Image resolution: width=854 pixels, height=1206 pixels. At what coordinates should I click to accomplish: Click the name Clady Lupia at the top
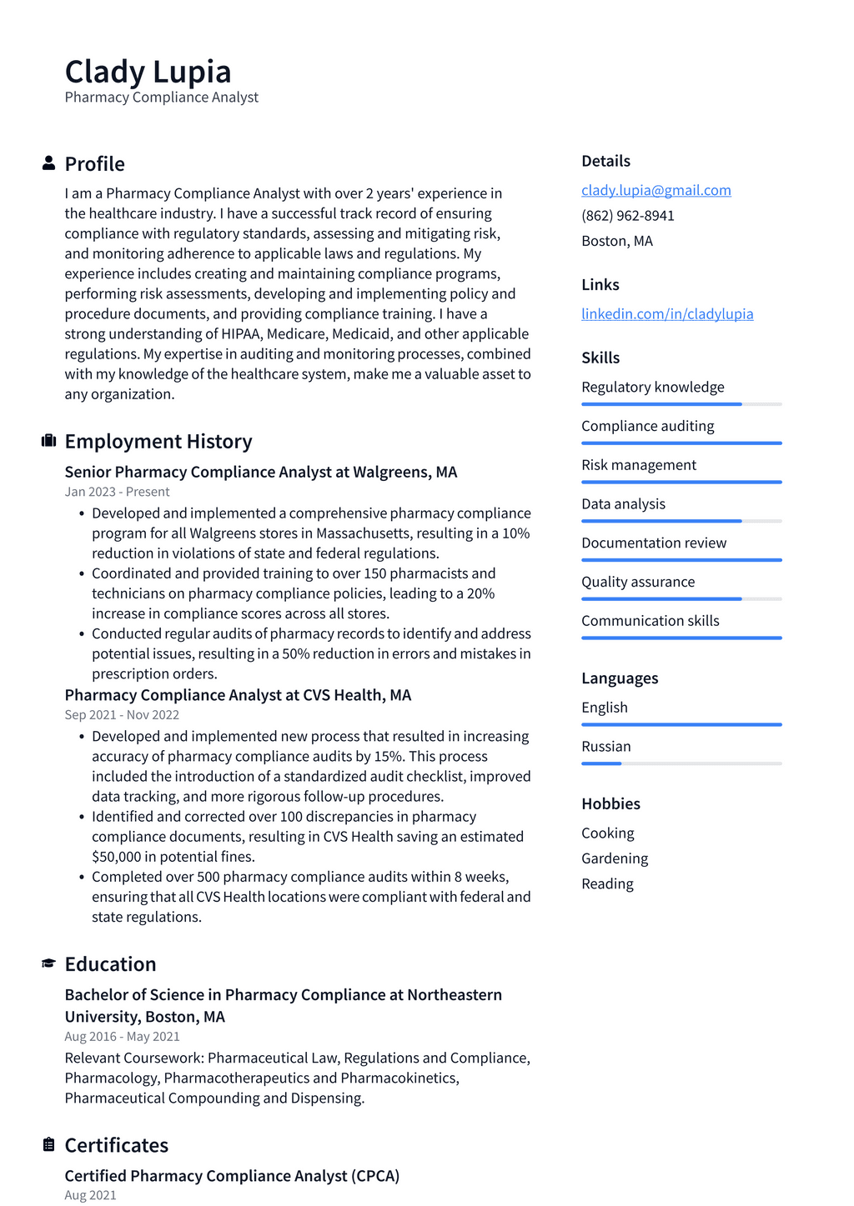pos(148,72)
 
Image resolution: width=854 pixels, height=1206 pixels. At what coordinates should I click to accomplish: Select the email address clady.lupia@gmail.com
pos(656,190)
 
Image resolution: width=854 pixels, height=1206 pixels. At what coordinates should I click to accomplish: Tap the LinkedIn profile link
pos(667,313)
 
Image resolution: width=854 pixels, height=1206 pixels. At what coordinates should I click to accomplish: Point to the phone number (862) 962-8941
pos(627,215)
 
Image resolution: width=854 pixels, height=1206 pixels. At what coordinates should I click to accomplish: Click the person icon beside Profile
pos(48,163)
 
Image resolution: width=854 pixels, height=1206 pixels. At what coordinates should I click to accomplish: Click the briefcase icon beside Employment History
pos(48,441)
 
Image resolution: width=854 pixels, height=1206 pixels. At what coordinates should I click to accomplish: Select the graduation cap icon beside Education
pos(48,963)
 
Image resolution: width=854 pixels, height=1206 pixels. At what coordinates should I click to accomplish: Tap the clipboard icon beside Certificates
pos(48,1144)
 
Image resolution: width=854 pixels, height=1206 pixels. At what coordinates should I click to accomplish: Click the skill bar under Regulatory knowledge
pos(681,404)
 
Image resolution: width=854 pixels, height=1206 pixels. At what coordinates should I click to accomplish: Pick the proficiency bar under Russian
pos(681,763)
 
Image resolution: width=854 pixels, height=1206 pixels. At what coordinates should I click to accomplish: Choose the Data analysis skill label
pos(623,503)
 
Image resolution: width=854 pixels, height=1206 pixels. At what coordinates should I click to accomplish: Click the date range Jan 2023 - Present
pos(117,492)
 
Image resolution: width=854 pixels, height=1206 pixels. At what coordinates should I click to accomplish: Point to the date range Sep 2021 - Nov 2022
pos(122,714)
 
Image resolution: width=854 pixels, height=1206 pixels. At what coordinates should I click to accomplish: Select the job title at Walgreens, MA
pos(260,472)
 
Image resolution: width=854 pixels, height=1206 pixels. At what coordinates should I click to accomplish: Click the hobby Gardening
pos(614,858)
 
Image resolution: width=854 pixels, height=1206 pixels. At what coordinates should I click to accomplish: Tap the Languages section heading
pos(619,678)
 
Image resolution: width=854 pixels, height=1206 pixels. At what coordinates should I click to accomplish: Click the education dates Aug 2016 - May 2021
pos(122,1036)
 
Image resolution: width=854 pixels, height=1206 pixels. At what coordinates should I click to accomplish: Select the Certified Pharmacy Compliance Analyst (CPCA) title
pos(232,1175)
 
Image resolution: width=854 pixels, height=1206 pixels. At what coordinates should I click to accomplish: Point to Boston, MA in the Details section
pos(616,241)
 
